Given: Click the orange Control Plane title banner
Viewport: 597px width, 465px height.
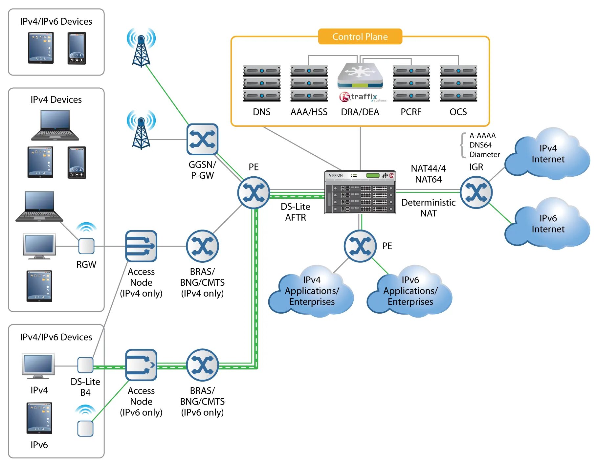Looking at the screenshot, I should point(360,36).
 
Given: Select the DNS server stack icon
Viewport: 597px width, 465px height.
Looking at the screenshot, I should point(262,83).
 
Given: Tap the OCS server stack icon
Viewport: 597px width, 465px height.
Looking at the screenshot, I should point(458,83).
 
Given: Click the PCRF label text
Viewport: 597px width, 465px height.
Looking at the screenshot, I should point(411,112).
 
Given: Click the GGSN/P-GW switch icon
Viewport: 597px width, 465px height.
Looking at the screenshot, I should point(202,139).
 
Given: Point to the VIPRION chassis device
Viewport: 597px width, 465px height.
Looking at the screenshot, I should point(360,192).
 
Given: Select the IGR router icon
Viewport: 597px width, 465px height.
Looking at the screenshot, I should point(476,192).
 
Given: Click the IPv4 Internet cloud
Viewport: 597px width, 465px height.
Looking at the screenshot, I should point(547,154).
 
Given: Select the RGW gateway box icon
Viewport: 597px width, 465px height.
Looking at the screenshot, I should point(86,246).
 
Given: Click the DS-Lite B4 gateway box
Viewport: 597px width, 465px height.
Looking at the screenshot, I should point(85,365).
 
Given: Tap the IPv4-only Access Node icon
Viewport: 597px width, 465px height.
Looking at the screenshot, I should point(141,246).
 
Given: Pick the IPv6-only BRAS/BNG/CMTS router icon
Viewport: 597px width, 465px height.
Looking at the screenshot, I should point(202,365).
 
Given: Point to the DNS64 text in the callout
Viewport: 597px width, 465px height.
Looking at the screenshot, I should point(480,145).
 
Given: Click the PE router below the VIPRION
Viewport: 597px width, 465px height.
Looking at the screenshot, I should point(360,246).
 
